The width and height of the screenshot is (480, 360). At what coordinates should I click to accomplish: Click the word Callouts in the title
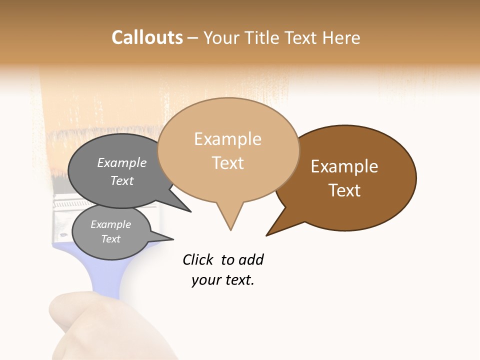pyautogui.click(x=147, y=37)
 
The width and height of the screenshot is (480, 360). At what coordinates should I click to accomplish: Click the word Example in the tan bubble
pyautogui.click(x=227, y=139)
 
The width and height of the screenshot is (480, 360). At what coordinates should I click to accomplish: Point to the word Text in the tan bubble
pyautogui.click(x=227, y=162)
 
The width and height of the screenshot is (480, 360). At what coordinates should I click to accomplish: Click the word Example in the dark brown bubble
pyautogui.click(x=344, y=166)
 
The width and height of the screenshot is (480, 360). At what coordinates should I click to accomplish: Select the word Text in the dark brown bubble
pyautogui.click(x=344, y=190)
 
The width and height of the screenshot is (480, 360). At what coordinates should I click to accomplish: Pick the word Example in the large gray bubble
pyautogui.click(x=122, y=162)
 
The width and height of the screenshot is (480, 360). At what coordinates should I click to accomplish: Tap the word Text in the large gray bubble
pyautogui.click(x=122, y=180)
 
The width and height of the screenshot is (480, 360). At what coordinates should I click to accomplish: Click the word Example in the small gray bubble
pyautogui.click(x=111, y=224)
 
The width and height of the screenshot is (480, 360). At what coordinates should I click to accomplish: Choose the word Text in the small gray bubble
pyautogui.click(x=111, y=239)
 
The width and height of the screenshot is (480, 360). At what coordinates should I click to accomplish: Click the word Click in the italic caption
pyautogui.click(x=198, y=259)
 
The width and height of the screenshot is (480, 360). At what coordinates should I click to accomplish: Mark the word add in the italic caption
pyautogui.click(x=250, y=259)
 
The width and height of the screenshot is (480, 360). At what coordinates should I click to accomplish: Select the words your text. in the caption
pyautogui.click(x=223, y=280)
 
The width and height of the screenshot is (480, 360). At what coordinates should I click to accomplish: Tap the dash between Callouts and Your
pyautogui.click(x=193, y=38)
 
